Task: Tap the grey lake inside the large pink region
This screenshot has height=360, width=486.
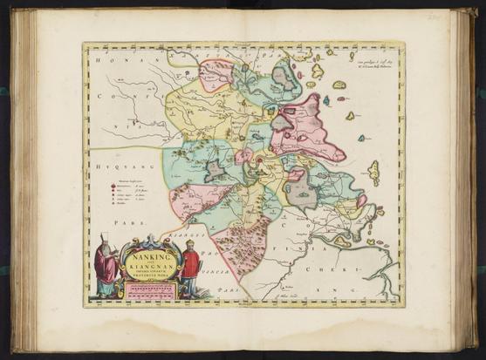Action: (x=283, y=121)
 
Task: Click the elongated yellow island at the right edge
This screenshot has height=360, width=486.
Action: (x=373, y=173)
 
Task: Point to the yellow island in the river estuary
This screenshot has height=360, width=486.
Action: (x=342, y=240)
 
